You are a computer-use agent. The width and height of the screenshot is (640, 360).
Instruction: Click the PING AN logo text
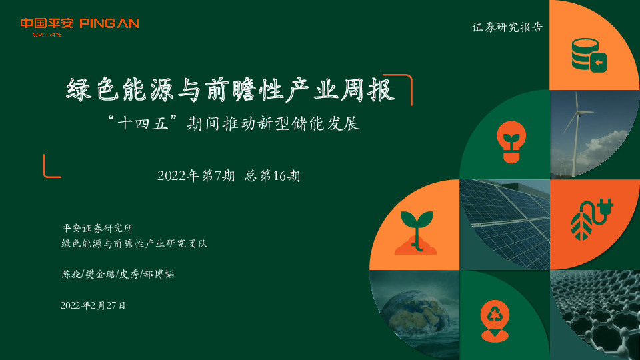(x=109, y=23)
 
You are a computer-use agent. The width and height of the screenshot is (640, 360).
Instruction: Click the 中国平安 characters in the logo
(x=47, y=23)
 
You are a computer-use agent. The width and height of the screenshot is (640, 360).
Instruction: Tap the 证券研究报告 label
(x=507, y=28)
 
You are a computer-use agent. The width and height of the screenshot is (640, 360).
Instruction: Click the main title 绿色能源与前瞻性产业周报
(x=231, y=91)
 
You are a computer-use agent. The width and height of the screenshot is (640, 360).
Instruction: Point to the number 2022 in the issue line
(x=171, y=176)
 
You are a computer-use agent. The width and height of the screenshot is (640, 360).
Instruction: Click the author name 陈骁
(x=69, y=274)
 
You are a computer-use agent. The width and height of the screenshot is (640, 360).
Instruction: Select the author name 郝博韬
(x=160, y=274)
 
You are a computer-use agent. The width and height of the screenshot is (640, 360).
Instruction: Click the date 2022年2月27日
(x=93, y=305)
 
